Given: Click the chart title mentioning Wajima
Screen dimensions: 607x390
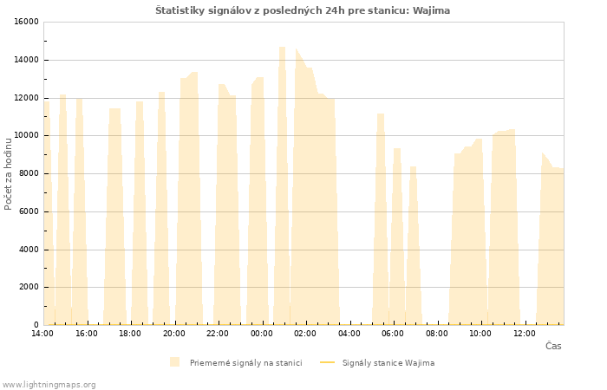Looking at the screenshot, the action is click(x=303, y=10).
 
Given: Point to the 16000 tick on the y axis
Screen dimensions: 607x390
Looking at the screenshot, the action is click(x=26, y=22).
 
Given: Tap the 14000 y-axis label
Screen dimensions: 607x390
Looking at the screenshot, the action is click(x=26, y=60).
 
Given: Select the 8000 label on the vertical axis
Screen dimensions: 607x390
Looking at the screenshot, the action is click(x=29, y=173).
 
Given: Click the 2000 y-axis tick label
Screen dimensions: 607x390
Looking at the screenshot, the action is click(x=29, y=287).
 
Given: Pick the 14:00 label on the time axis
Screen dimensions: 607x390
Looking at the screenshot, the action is click(x=42, y=334).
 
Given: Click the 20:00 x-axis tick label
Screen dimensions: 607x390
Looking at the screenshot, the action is click(x=173, y=334).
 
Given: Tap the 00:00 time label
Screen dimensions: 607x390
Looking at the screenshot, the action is click(x=262, y=334).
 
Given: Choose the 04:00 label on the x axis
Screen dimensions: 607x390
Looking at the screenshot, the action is click(x=349, y=334).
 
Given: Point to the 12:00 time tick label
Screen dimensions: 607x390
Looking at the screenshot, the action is click(x=524, y=334).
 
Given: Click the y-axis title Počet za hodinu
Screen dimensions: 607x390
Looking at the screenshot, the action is click(x=8, y=174).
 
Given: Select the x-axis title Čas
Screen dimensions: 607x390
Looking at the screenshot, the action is click(x=553, y=346).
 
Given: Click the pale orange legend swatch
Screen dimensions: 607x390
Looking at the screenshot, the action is click(x=174, y=362).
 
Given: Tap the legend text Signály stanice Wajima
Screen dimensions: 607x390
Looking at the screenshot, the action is click(x=388, y=363).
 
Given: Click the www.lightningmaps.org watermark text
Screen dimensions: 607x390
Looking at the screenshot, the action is click(x=48, y=385).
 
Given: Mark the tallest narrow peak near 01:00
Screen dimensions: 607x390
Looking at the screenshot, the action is click(x=282, y=185).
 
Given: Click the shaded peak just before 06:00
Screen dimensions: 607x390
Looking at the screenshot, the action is click(x=381, y=219).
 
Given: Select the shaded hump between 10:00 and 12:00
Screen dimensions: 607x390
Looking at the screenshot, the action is click(x=504, y=228).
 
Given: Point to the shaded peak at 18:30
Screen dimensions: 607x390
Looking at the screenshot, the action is click(x=140, y=213).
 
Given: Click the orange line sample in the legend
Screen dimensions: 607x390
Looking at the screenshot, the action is click(x=328, y=362).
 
